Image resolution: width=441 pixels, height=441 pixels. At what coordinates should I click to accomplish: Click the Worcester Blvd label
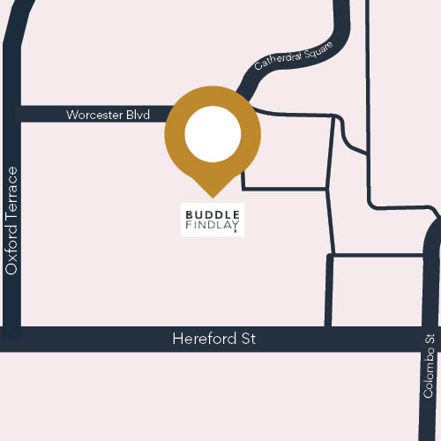[x=108, y=115]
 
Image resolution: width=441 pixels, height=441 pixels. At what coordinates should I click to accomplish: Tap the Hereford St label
[x=214, y=339]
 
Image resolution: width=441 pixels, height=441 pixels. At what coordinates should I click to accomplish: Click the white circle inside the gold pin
[x=213, y=134]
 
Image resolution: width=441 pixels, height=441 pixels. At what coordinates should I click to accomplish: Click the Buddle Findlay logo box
[x=213, y=220]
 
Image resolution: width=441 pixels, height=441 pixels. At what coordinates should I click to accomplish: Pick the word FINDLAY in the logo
[x=213, y=226]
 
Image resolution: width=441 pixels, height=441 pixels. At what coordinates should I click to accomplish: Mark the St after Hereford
[x=247, y=339]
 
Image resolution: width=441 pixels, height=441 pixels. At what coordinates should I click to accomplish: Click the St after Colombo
[x=430, y=340]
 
